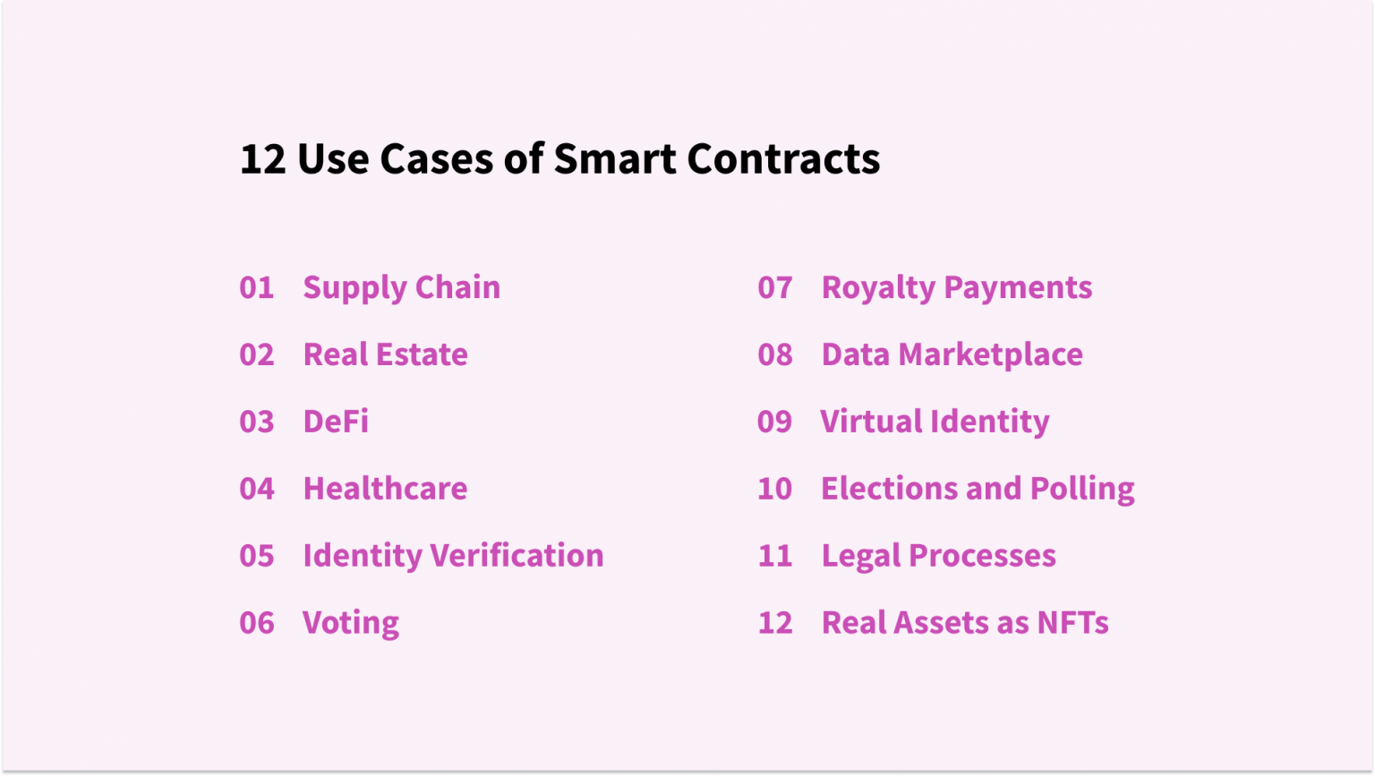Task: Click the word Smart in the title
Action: (615, 159)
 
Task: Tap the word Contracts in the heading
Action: (783, 159)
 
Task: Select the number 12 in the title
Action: (262, 159)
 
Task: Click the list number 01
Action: (256, 288)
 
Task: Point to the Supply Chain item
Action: (401, 288)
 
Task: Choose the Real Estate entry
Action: (385, 355)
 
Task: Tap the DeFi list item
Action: (336, 422)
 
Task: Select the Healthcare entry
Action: (385, 489)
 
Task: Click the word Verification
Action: (517, 556)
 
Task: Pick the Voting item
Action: (351, 623)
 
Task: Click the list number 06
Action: (257, 623)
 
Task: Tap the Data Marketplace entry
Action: (952, 355)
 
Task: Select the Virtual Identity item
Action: (935, 422)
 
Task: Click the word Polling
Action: (1082, 489)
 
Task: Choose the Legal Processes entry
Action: (938, 556)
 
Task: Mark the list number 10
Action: (775, 489)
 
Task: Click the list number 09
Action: (775, 422)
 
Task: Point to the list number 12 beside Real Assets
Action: (775, 623)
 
